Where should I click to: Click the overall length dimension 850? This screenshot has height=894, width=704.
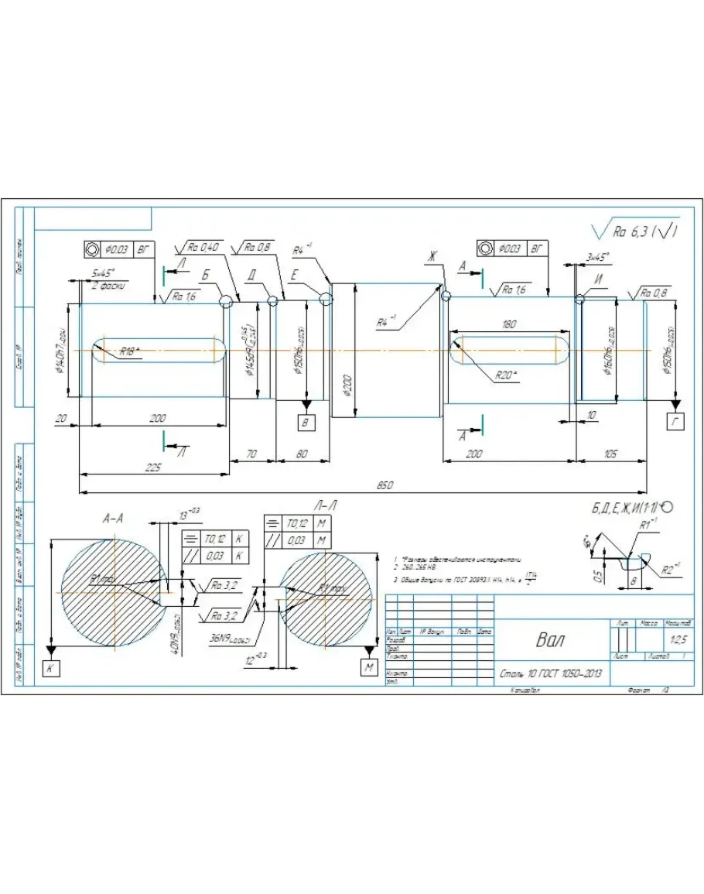click(x=384, y=485)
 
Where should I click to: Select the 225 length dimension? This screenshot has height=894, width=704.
click(x=152, y=467)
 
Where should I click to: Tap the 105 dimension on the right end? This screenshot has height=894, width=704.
click(x=610, y=454)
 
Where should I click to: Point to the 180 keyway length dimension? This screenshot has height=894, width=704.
click(x=508, y=326)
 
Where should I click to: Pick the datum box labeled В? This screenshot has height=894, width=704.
click(x=306, y=421)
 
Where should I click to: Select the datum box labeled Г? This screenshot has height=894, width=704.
click(x=675, y=421)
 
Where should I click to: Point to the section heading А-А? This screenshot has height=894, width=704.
click(x=114, y=519)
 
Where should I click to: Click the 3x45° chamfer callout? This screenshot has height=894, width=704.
click(x=597, y=256)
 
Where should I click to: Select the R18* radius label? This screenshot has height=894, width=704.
click(x=130, y=351)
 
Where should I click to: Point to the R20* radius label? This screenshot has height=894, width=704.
click(x=506, y=376)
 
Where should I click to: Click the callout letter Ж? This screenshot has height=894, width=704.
click(x=433, y=256)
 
